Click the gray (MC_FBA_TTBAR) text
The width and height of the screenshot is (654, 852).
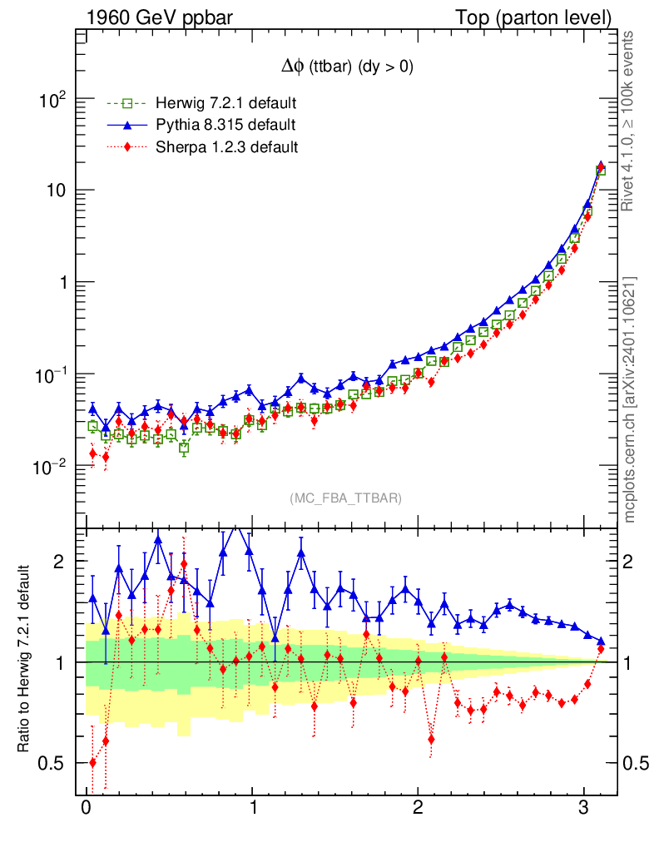(x=346, y=498)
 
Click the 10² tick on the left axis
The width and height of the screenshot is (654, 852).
(x=52, y=102)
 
